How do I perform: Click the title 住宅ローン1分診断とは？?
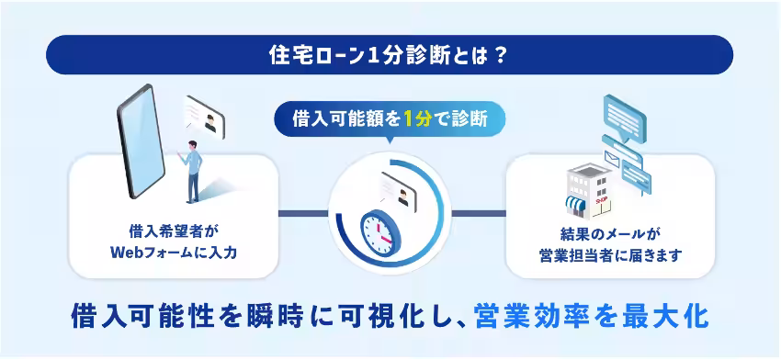point(390,55)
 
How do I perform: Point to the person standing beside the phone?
point(192,172)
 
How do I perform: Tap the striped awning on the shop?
point(577,203)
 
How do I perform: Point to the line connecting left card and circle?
point(303,214)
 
